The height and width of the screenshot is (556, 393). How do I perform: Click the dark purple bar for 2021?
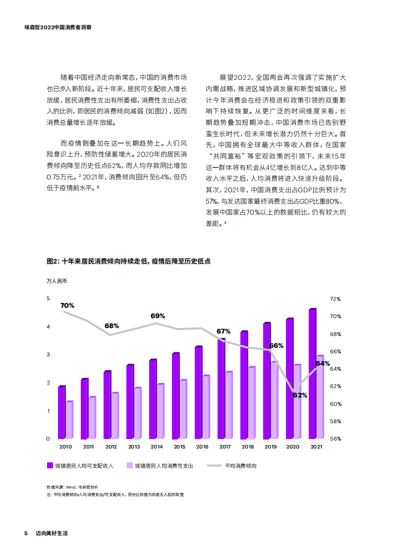(x=312, y=374)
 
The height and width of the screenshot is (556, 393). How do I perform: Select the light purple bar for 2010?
(x=69, y=420)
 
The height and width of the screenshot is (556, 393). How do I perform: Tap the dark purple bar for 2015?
(x=175, y=396)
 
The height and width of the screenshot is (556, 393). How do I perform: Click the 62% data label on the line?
(x=300, y=395)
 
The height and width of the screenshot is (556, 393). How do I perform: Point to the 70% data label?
(x=67, y=306)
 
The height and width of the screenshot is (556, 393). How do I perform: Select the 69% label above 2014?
(x=158, y=316)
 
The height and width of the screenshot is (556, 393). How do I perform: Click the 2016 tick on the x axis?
(x=202, y=447)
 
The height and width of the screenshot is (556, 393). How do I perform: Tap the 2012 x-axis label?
(x=111, y=447)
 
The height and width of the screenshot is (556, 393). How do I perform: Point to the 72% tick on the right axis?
(x=336, y=299)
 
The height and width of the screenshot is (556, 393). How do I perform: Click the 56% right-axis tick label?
(x=336, y=439)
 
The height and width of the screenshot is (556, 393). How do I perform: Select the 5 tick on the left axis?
(x=48, y=298)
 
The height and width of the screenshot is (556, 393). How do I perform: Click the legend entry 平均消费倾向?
(x=240, y=466)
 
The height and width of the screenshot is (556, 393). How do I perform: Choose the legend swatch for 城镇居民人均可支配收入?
(x=50, y=466)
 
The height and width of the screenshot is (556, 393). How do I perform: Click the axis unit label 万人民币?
(x=56, y=281)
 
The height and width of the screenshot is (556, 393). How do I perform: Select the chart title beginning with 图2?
(x=128, y=261)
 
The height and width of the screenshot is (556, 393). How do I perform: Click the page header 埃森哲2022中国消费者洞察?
(x=57, y=28)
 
